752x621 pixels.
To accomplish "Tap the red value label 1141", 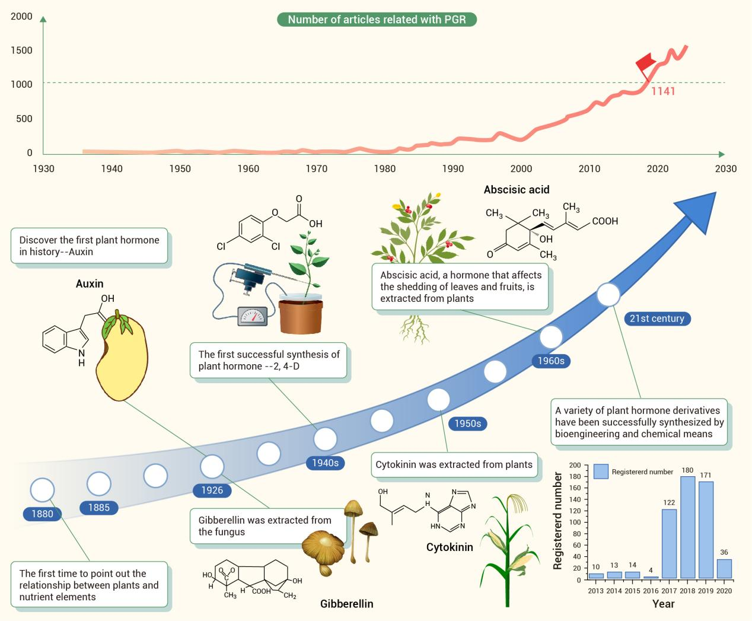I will [x=663, y=91].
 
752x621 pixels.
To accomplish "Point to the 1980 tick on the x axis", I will [x=385, y=168].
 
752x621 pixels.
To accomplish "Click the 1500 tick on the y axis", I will [x=21, y=50].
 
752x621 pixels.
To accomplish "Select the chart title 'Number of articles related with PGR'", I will [x=377, y=20].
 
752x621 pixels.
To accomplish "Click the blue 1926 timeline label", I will [x=212, y=490].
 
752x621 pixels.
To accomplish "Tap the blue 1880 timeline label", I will [x=42, y=514].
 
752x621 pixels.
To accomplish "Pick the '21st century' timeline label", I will [x=657, y=319].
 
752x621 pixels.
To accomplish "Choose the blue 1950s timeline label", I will [x=468, y=423].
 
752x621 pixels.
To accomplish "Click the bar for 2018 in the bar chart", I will [x=687, y=527].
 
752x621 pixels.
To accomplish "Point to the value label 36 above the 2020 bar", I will [x=724, y=552].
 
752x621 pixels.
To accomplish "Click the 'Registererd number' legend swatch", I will [x=601, y=472].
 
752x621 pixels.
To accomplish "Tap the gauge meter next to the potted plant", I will [x=252, y=316].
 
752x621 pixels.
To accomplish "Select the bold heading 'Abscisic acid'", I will [x=517, y=190].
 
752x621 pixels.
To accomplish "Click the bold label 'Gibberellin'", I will [x=347, y=604].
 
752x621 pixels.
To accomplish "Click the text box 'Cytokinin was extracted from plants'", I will [x=454, y=464].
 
